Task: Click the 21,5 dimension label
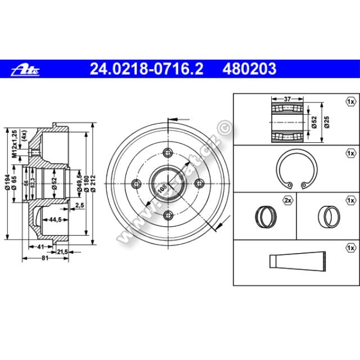(61, 251)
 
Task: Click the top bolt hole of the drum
(167, 152)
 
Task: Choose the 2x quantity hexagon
(287, 200)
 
